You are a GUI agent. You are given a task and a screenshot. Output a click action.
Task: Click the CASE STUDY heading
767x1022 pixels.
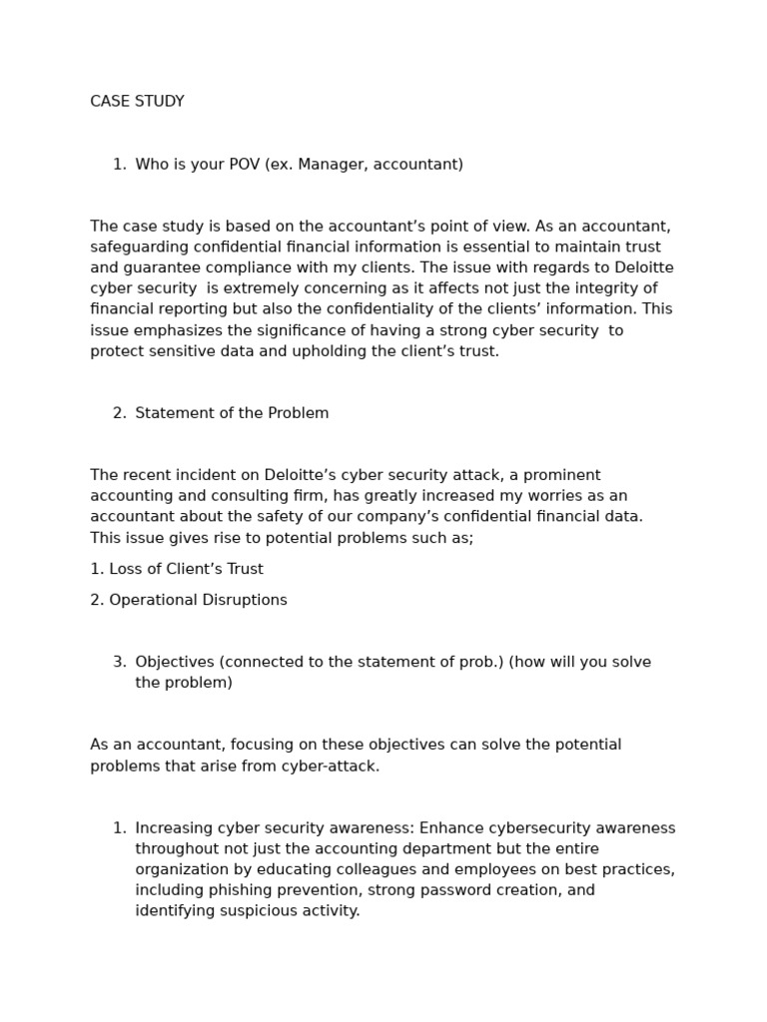(x=137, y=102)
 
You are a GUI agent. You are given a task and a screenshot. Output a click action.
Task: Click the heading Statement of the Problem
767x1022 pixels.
(x=232, y=413)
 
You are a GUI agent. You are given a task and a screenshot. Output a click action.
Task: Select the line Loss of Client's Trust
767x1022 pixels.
(x=177, y=569)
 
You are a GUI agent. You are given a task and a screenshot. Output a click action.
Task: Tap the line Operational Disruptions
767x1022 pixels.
(x=189, y=600)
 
